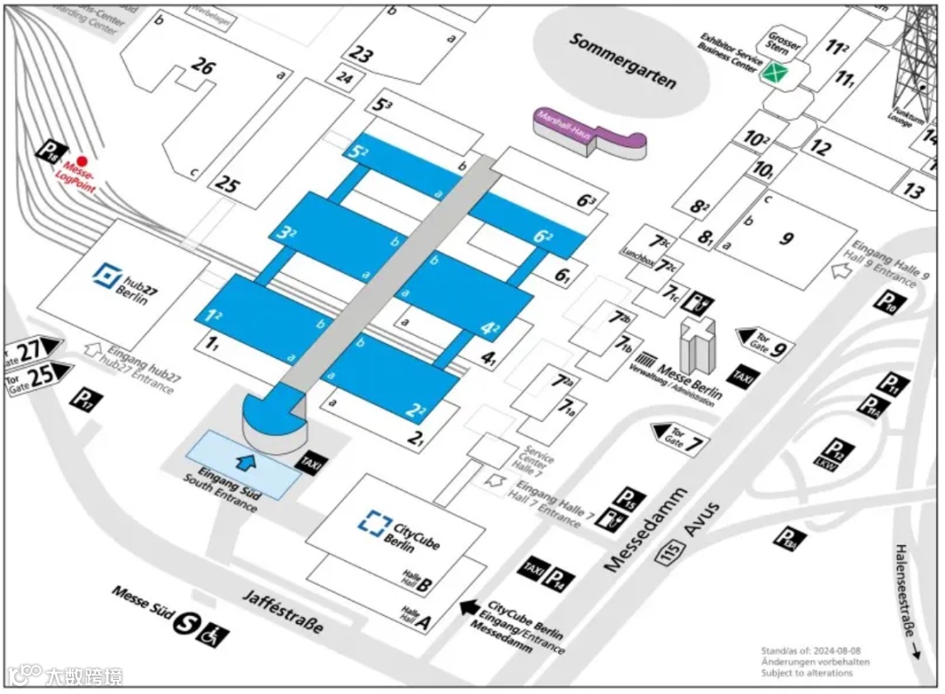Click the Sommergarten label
point(623,60)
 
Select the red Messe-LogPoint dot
point(81,161)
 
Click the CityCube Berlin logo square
point(374,523)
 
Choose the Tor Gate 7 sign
point(680,435)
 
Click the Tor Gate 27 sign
point(33,349)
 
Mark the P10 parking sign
point(886,303)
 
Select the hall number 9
point(786,237)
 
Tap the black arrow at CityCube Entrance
point(470,606)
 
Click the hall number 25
point(226,185)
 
